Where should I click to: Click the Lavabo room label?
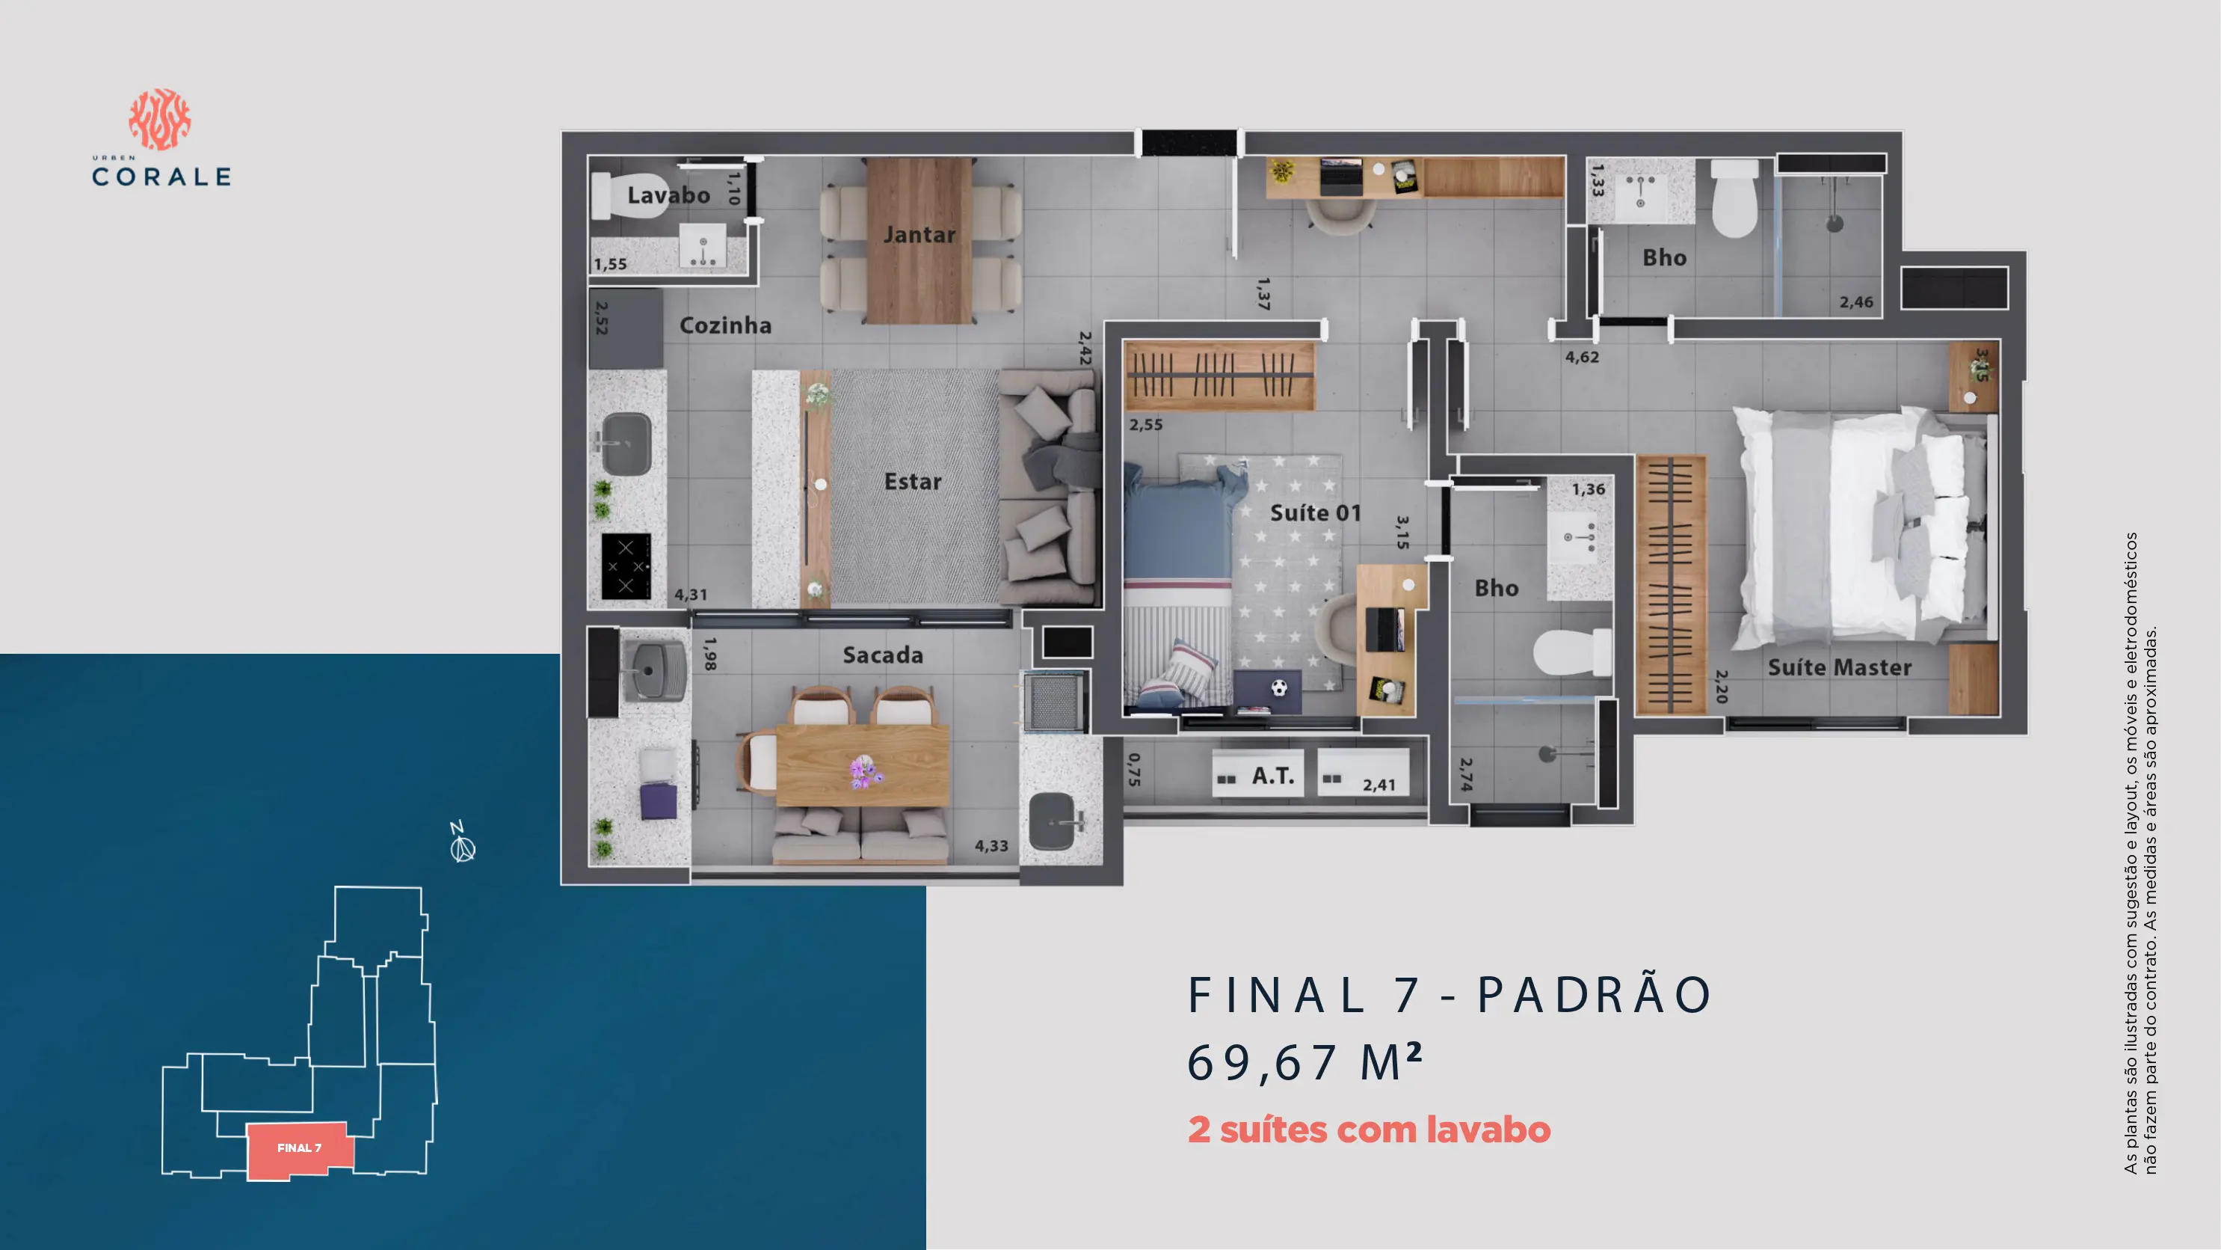click(x=668, y=195)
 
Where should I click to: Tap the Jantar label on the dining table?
click(x=919, y=235)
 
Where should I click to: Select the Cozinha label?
click(x=725, y=325)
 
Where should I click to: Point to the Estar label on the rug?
click(x=912, y=481)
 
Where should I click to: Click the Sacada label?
click(x=883, y=655)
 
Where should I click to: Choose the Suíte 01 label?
click(x=1316, y=513)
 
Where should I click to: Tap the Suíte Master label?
click(x=1840, y=667)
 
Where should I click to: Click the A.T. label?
click(x=1273, y=776)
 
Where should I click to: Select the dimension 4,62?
click(x=1582, y=357)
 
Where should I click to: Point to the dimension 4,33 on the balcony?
click(x=991, y=846)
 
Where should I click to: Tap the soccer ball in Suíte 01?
click(x=1280, y=687)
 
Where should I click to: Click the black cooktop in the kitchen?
click(x=626, y=566)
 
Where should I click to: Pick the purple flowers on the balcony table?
click(x=863, y=770)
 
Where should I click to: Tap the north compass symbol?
click(x=462, y=843)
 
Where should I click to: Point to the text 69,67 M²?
click(x=1304, y=1062)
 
